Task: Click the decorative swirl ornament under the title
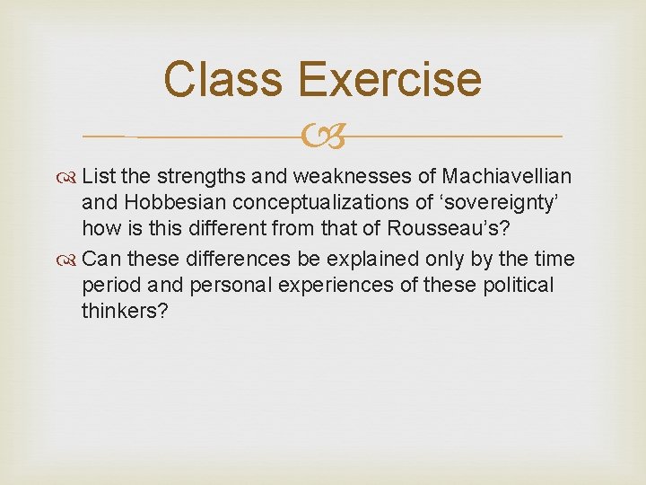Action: tap(323, 137)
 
